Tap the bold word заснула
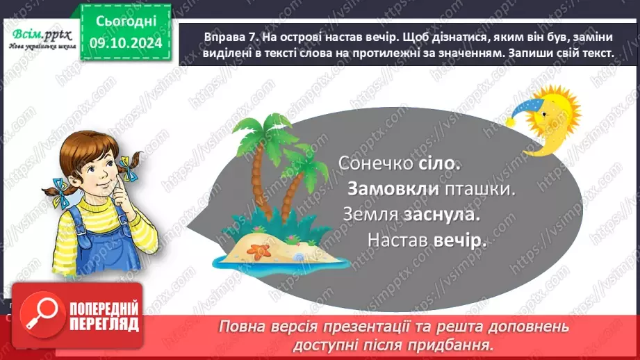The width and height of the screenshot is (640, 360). tap(443, 215)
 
